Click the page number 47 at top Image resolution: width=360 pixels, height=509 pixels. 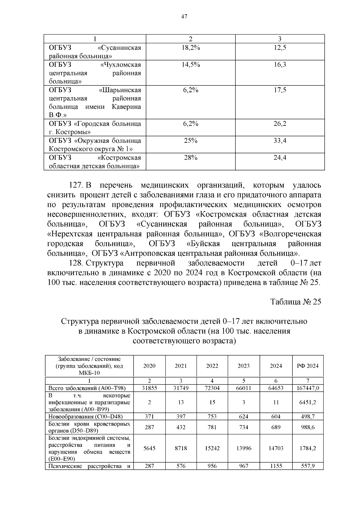[184, 17]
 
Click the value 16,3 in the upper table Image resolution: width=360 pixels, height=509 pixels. [280, 64]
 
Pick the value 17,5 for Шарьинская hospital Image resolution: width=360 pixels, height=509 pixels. [280, 90]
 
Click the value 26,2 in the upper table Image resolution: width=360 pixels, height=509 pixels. [280, 124]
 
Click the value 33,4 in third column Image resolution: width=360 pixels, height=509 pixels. [280, 140]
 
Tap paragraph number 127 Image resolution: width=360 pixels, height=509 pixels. [76, 185]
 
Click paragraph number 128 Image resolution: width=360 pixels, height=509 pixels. [76, 263]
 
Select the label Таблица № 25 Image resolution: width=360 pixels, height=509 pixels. [295, 302]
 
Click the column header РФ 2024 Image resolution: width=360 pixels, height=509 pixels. [307, 366]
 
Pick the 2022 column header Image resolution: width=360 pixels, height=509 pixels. [212, 366]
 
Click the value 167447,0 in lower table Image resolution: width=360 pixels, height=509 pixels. [307, 388]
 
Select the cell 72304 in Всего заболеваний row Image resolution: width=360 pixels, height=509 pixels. [212, 388]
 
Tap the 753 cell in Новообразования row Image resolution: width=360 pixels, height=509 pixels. [212, 416]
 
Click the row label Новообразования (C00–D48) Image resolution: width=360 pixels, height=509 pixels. [86, 416]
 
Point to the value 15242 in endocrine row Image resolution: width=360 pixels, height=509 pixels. [212, 448]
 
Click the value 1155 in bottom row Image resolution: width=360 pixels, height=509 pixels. [276, 466]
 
